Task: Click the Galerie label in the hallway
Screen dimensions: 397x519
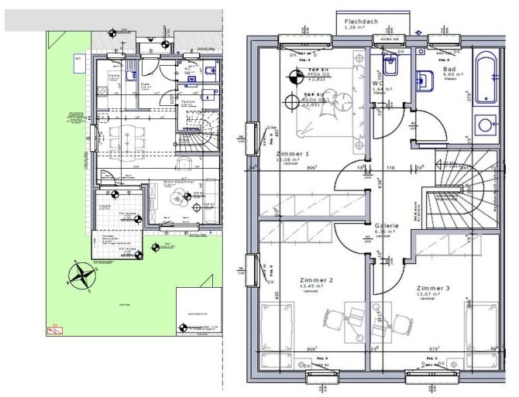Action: click(x=387, y=225)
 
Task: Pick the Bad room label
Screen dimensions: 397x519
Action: click(x=449, y=69)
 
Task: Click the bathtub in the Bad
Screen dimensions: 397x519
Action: click(x=486, y=77)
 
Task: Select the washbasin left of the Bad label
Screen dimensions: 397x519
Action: click(x=424, y=79)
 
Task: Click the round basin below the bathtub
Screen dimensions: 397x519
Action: click(x=486, y=124)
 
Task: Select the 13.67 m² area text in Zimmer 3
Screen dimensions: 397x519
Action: click(x=429, y=294)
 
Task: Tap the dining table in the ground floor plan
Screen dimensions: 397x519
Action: click(x=125, y=138)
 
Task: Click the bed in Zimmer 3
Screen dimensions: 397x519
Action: click(x=477, y=325)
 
